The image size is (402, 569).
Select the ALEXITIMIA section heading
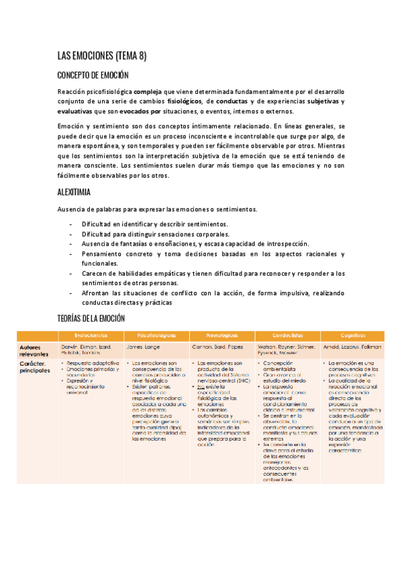pyautogui.click(x=75, y=192)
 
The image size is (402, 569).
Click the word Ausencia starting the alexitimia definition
pyautogui.click(x=72, y=209)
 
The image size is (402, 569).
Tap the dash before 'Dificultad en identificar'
pyautogui.click(x=71, y=223)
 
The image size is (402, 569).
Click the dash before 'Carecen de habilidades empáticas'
pyautogui.click(x=71, y=273)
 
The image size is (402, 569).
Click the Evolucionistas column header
pyautogui.click(x=91, y=333)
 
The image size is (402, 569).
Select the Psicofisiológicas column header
pyautogui.click(x=156, y=333)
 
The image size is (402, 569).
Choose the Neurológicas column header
pyautogui.click(x=221, y=333)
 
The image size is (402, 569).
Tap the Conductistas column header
pyautogui.click(x=287, y=333)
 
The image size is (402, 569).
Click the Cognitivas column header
pyautogui.click(x=352, y=333)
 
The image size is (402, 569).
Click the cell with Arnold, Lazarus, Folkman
pyautogui.click(x=352, y=347)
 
